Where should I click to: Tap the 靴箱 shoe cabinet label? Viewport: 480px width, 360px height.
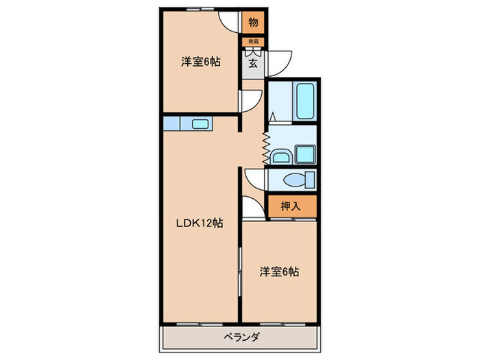[x=253, y=41]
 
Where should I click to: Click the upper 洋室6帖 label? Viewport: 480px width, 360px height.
[x=200, y=62]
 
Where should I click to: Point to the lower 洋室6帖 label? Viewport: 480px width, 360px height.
[x=279, y=272]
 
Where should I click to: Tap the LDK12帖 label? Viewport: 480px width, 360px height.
[x=200, y=223]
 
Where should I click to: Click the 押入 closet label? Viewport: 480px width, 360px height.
[x=291, y=204]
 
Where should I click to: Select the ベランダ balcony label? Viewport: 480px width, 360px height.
[x=240, y=337]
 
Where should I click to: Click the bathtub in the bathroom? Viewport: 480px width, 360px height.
[x=304, y=102]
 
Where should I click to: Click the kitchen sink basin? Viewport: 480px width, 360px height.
[x=201, y=124]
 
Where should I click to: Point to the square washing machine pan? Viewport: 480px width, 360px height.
[x=304, y=155]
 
